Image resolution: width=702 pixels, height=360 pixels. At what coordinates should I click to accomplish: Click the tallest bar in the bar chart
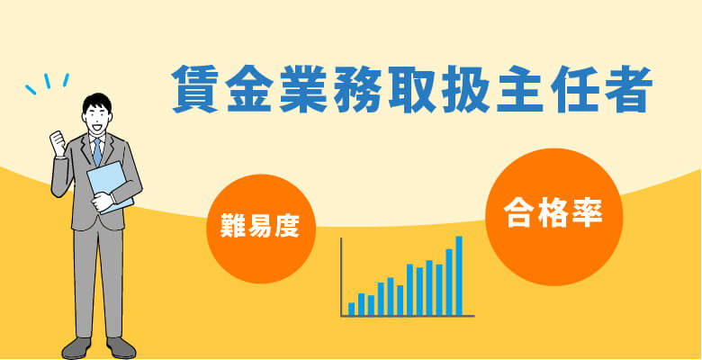(459, 275)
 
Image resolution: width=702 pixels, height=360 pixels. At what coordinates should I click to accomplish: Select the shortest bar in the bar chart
(351, 310)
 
